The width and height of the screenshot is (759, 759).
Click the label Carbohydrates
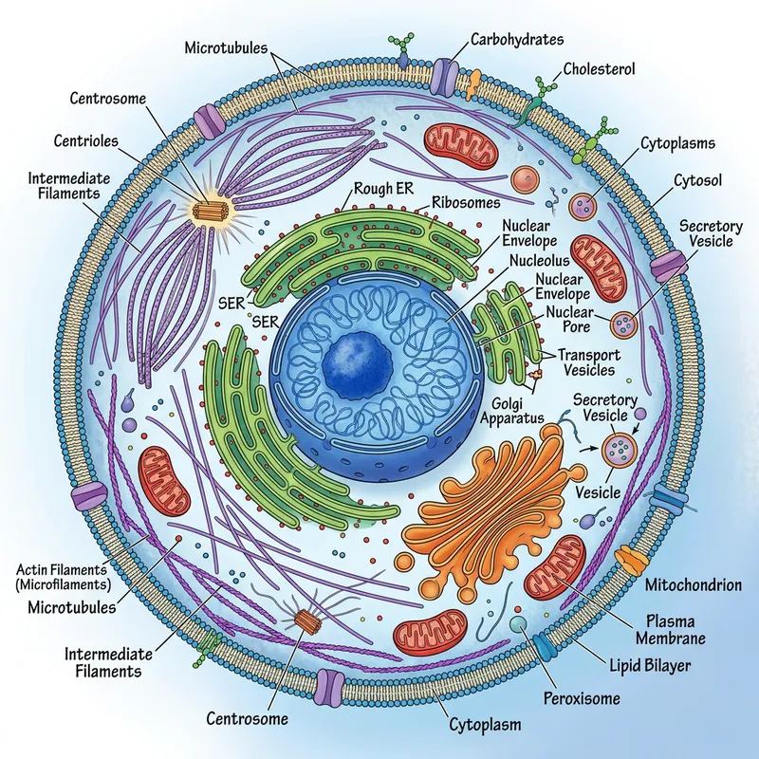point(517,39)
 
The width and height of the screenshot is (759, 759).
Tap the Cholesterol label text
point(600,68)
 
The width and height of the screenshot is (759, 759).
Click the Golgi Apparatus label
point(513,409)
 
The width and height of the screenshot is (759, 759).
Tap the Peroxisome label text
point(583,699)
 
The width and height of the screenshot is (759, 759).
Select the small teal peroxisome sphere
point(519,623)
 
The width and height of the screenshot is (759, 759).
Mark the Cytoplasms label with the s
point(677,143)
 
